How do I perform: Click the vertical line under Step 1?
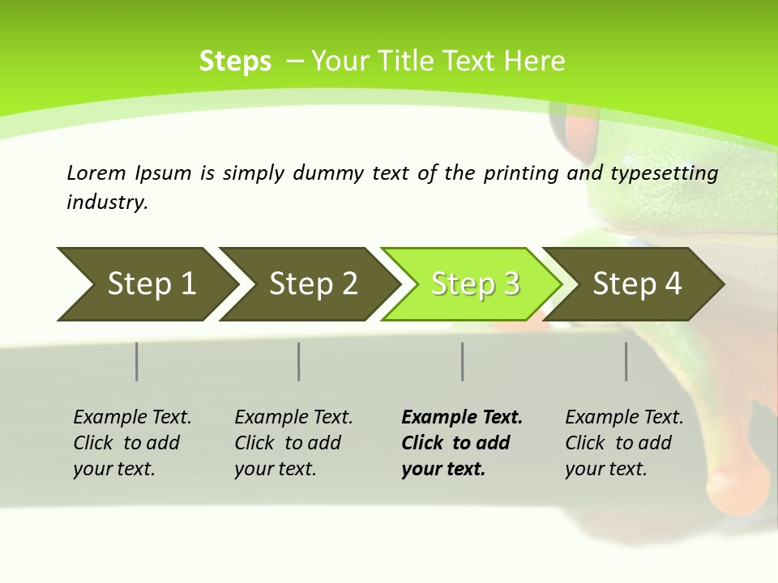tap(137, 361)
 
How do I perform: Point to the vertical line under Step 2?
tap(299, 361)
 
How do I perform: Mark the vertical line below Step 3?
tap(463, 361)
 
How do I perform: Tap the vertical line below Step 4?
tap(626, 361)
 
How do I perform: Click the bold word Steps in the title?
tap(235, 62)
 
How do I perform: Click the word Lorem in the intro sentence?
tap(96, 172)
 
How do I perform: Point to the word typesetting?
tap(664, 173)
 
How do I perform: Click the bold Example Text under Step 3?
tap(462, 417)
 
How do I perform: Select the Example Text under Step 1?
tap(132, 417)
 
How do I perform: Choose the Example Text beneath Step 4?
tap(624, 417)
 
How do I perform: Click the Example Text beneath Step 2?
tap(293, 417)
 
